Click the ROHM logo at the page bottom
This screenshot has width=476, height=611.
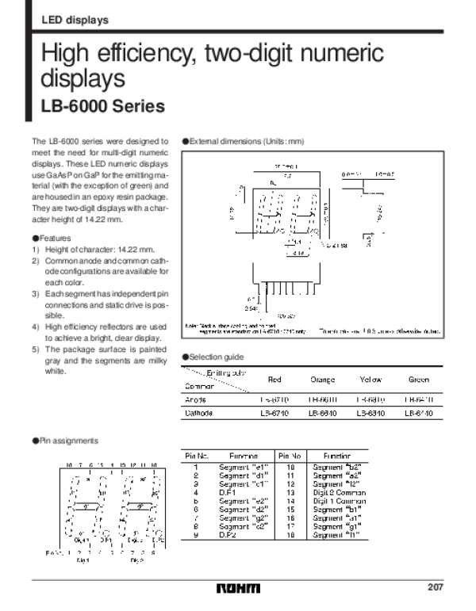coord(237,589)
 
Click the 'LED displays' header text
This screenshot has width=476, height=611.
coord(75,19)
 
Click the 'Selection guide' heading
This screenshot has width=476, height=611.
coord(215,357)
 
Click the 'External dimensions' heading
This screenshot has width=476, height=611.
coord(246,140)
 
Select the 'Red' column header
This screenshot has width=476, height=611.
coord(274,380)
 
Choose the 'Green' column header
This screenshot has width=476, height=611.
coord(418,380)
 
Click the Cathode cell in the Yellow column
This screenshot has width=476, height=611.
coord(370,413)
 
